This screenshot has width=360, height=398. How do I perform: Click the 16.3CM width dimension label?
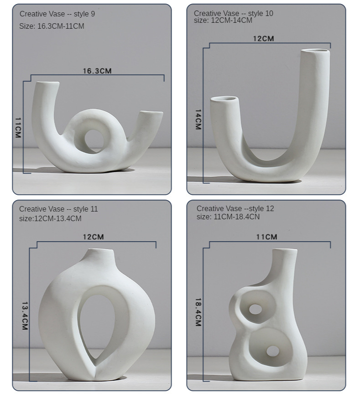pos(97,71)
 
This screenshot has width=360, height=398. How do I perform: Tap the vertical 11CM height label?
pos(18,127)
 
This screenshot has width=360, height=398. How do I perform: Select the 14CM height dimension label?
pos(198,119)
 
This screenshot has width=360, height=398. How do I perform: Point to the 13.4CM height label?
pos(25,316)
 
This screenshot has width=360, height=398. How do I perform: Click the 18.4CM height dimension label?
pos(198,312)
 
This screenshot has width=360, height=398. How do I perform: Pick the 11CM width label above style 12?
pos(266,237)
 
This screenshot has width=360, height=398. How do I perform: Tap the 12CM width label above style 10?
pos(263,39)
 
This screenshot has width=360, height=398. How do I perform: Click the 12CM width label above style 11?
pos(93,237)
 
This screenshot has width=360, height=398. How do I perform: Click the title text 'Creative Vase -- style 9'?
pos(57,14)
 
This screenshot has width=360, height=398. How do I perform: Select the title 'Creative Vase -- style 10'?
pos(234,13)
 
